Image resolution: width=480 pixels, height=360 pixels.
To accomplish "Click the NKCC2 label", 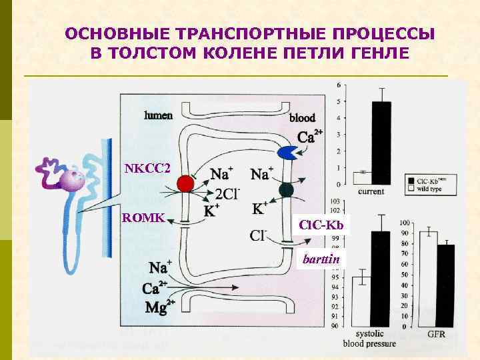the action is pos(148,167).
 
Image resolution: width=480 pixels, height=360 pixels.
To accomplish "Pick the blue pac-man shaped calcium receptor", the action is pos(288,153).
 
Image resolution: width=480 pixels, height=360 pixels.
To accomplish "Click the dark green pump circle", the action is pos(287,190).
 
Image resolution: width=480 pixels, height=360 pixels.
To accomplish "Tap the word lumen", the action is pos(158,115).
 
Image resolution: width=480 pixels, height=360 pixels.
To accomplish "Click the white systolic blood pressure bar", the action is pos(361,301).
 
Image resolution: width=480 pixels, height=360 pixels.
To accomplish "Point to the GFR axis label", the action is pos(436,334).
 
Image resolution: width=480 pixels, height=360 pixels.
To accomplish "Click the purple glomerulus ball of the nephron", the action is pos(73,179).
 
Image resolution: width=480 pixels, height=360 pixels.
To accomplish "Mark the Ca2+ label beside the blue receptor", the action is pos(310,137).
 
